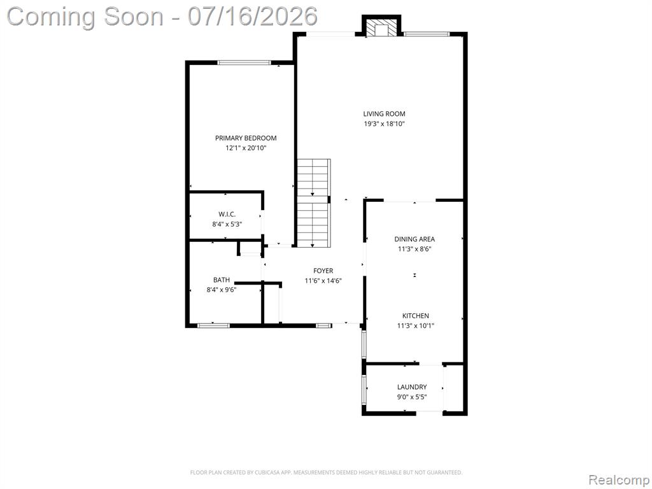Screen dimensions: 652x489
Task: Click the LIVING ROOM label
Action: [384, 114]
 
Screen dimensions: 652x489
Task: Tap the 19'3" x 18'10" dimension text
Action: [384, 124]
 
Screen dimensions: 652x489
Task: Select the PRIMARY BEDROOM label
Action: [246, 138]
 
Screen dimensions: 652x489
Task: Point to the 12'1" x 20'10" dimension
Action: [246, 148]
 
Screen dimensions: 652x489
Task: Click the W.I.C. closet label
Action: [227, 214]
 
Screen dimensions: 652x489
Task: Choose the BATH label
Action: [221, 280]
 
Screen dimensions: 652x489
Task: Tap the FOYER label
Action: [323, 271]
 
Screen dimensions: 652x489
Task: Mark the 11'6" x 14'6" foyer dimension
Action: [323, 281]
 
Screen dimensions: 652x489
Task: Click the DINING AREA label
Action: [415, 239]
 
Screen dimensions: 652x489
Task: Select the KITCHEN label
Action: [415, 316]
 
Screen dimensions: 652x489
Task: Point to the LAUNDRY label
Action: [412, 387]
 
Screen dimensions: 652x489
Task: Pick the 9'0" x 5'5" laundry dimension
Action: [412, 397]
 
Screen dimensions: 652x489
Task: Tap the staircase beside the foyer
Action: [314, 203]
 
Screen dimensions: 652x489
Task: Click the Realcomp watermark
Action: [619, 480]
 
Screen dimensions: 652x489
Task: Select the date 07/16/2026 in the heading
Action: [252, 16]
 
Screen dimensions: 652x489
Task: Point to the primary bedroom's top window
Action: [244, 63]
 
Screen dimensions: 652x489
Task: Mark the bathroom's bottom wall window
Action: [213, 325]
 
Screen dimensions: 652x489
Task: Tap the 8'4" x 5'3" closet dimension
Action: [227, 224]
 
